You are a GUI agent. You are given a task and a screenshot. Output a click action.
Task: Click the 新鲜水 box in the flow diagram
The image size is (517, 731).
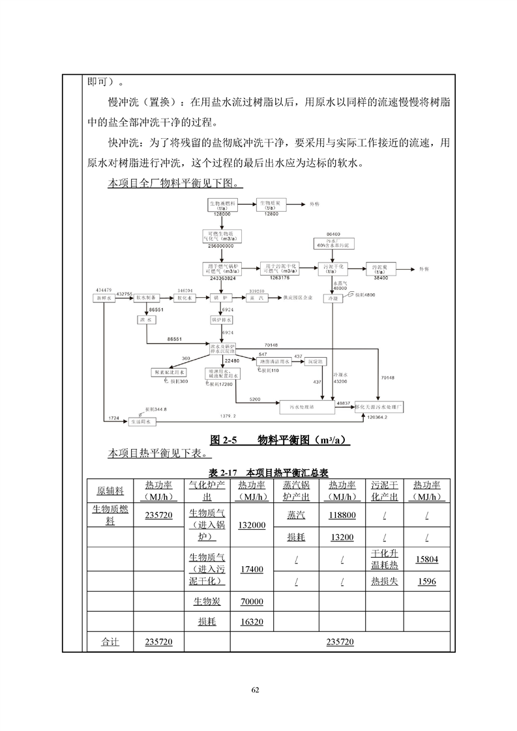coord(105,298)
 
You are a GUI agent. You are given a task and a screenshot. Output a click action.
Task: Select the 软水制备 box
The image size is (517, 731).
coord(146,298)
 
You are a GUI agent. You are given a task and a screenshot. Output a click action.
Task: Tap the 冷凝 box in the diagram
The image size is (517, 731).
coord(334,298)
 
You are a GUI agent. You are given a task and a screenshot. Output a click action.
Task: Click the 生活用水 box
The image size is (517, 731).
coord(141,422)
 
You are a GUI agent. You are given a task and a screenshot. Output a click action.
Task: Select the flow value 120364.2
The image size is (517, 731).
coord(377,417)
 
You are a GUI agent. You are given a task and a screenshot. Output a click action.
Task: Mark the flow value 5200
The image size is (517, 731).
coord(255,399)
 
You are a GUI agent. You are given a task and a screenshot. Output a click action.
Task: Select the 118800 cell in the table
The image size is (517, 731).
coord(342,515)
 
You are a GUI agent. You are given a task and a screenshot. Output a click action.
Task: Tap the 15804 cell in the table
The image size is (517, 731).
coord(427,558)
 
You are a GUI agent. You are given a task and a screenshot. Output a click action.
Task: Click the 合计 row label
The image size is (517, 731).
coord(110,642)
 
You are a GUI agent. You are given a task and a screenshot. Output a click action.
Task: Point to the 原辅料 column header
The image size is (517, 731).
coord(110,491)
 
